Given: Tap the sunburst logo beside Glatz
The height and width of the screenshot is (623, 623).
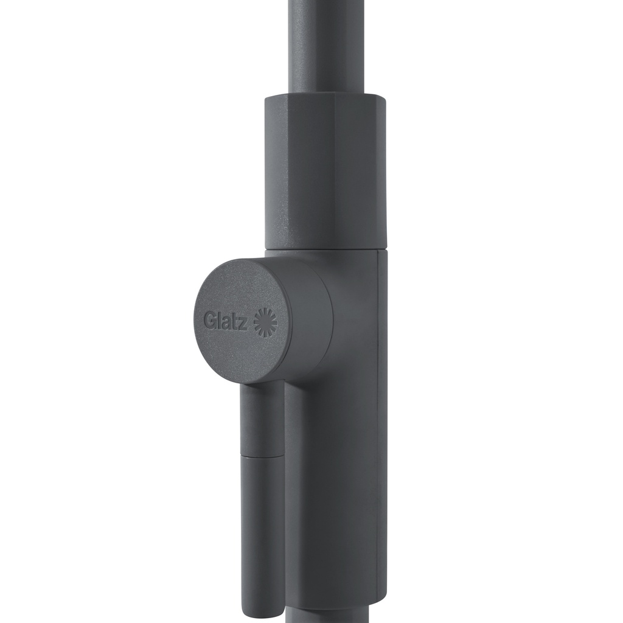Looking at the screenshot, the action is [266, 320].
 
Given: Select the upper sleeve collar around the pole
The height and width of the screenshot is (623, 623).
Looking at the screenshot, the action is [325, 171].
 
